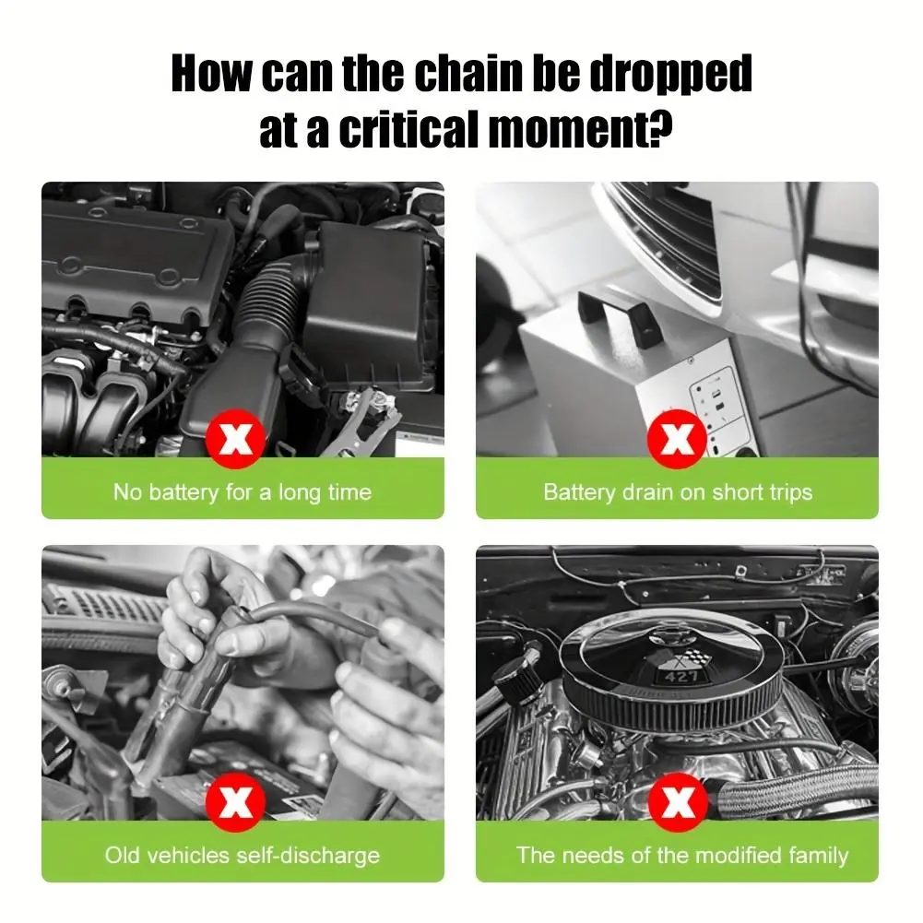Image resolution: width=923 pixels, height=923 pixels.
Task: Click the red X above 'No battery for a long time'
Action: coord(235,439)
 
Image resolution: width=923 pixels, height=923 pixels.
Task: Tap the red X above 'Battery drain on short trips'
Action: coord(677,439)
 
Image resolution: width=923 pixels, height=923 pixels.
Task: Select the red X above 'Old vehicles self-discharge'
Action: coord(235,801)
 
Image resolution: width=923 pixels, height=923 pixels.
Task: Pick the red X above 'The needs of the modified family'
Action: coord(677,801)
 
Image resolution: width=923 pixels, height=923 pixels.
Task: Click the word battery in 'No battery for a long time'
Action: coord(183,492)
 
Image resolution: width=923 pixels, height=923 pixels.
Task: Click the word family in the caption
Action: coord(819,856)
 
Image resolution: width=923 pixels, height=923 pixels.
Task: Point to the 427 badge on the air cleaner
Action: coord(681,677)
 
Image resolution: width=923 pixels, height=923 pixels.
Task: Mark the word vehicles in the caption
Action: coord(188,855)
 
